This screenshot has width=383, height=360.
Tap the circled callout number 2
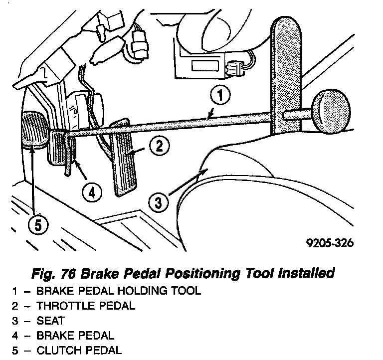click(158, 146)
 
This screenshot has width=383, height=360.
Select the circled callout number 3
click(158, 202)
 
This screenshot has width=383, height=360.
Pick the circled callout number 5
click(35, 225)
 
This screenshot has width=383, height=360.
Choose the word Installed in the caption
click(305, 274)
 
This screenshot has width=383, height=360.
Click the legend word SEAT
click(50, 321)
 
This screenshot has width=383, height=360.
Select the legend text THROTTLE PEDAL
click(86, 306)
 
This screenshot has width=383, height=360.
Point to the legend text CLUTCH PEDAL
click(79, 350)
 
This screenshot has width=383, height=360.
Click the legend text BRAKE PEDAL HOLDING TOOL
click(119, 291)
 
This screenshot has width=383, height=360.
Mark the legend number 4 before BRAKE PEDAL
click(15, 336)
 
